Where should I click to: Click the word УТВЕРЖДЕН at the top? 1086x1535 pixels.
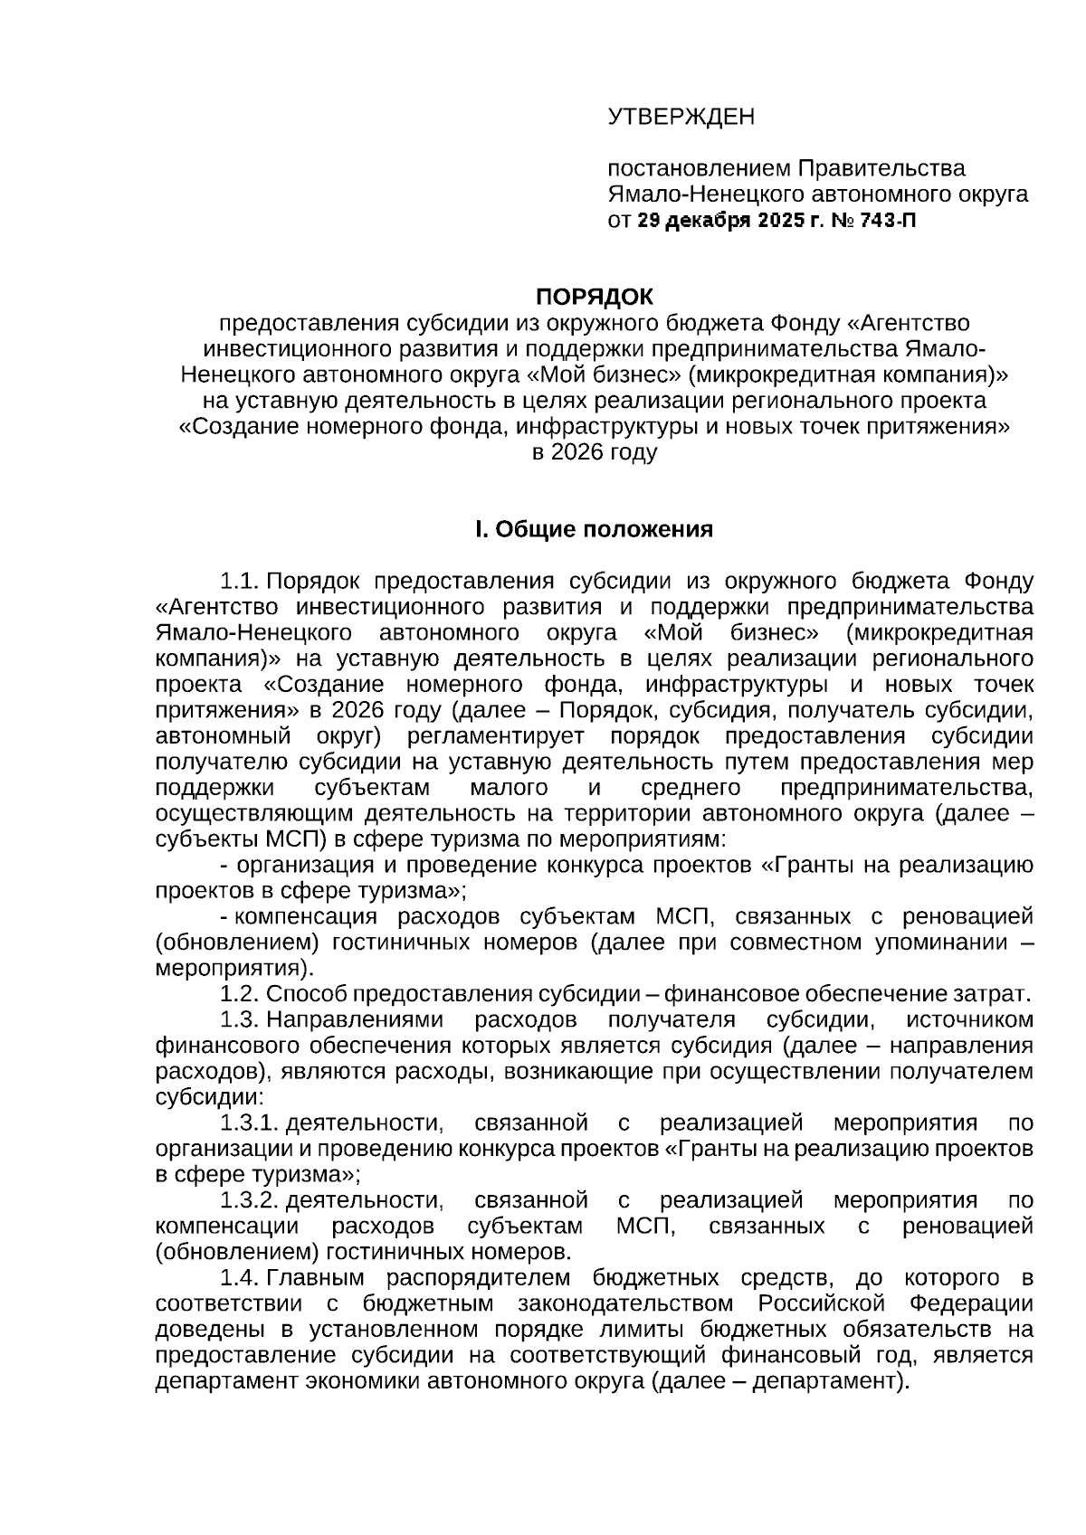pyautogui.click(x=681, y=117)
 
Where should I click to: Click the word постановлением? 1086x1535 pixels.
pyautogui.click(x=699, y=168)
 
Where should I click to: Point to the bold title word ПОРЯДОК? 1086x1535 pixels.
pyautogui.click(x=594, y=297)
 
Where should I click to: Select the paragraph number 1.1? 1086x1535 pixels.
pyautogui.click(x=240, y=581)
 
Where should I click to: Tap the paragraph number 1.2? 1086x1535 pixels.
pyautogui.click(x=240, y=994)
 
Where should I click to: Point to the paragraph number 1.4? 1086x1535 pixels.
pyautogui.click(x=240, y=1278)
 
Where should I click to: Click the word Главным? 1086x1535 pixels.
pyautogui.click(x=315, y=1278)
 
